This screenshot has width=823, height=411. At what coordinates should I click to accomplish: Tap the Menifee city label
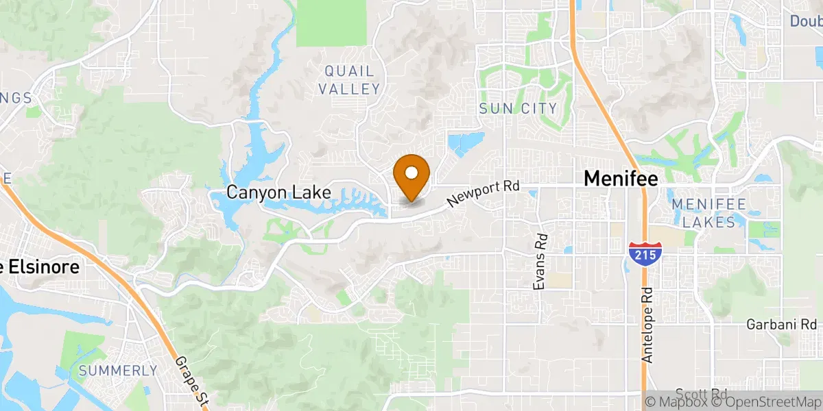(x=620, y=179)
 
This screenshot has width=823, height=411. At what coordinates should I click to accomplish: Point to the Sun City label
(x=517, y=108)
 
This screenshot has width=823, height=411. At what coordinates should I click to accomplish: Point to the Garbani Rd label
(x=782, y=323)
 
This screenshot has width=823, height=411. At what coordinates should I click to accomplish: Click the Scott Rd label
(x=700, y=394)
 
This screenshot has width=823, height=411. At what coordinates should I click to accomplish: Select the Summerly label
(x=118, y=371)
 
